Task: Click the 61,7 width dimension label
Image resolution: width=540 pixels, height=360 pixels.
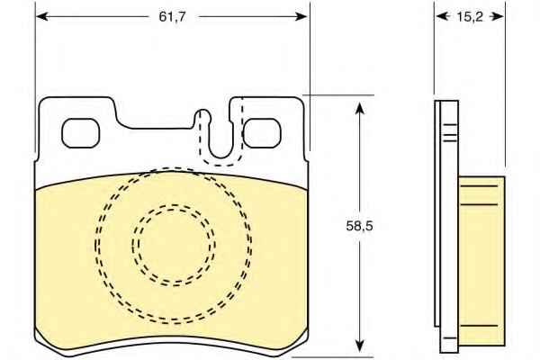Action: (x=172, y=16)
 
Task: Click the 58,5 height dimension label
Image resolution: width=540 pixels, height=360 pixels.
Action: (x=359, y=226)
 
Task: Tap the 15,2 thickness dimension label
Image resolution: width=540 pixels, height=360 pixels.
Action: (x=470, y=16)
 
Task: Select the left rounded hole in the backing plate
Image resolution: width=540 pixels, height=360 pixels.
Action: (x=81, y=133)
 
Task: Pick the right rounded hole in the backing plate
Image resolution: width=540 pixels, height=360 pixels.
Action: (x=262, y=133)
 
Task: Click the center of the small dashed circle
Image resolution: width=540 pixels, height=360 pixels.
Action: (x=174, y=245)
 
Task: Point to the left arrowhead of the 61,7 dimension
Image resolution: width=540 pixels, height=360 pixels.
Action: (x=41, y=16)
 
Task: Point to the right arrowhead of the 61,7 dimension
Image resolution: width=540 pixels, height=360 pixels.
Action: (x=301, y=16)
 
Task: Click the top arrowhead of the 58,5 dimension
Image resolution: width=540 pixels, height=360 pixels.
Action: (x=359, y=108)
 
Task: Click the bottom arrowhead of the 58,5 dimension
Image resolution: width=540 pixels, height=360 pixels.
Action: (x=359, y=346)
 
